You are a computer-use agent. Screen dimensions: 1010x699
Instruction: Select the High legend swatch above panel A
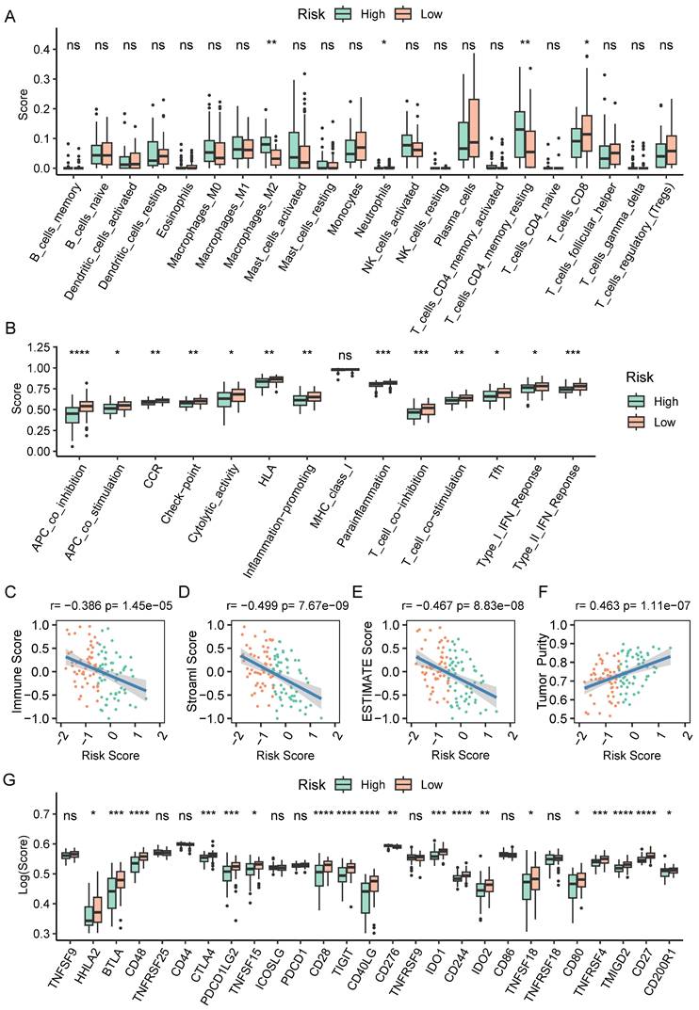tap(316, 14)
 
